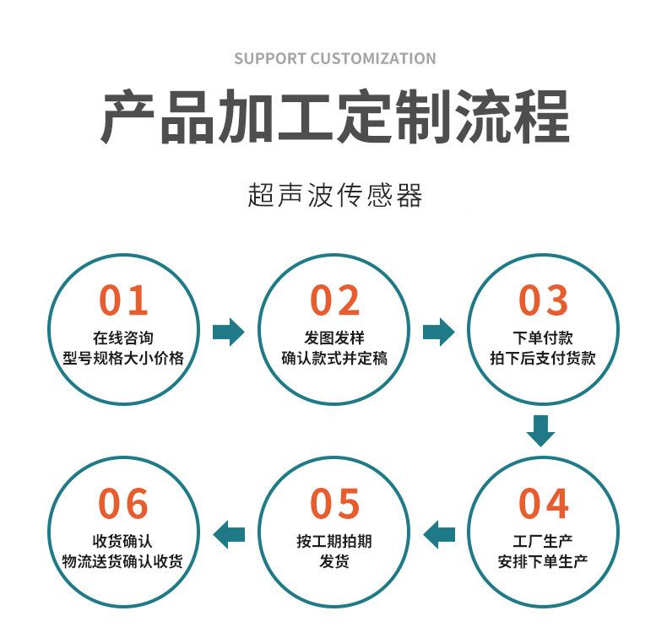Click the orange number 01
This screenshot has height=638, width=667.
[123, 301]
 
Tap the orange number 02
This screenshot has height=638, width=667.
[334, 301]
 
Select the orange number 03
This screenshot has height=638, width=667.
[544, 301]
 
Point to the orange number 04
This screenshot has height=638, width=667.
[544, 504]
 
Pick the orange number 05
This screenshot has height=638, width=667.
[334, 504]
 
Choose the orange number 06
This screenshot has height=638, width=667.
[123, 504]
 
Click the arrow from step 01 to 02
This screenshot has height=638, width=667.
[228, 333]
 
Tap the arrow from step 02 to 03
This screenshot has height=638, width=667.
[438, 333]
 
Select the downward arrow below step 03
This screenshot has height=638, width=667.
[541, 430]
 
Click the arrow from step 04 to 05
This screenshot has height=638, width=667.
[439, 533]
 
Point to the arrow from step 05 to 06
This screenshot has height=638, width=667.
[229, 533]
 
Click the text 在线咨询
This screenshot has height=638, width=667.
[123, 338]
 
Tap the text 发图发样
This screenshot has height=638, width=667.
[334, 338]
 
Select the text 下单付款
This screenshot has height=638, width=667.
[544, 338]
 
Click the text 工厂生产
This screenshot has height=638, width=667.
[544, 541]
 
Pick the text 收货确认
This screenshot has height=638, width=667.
[123, 541]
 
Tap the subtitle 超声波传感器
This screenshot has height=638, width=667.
[334, 195]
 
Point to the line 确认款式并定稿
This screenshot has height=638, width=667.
[334, 358]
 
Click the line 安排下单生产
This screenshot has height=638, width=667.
[544, 561]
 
